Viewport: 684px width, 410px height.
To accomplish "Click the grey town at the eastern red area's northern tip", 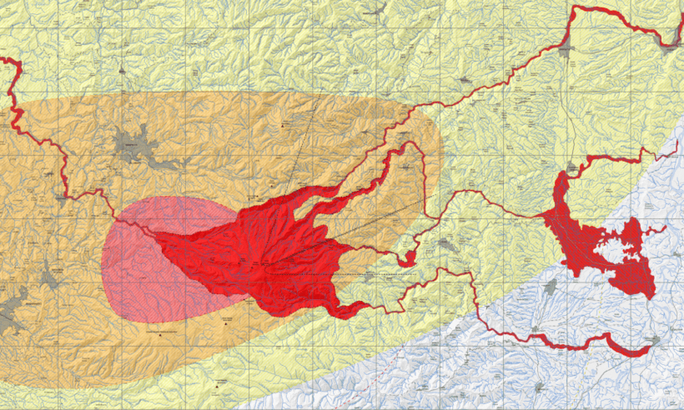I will click(x=571, y=171).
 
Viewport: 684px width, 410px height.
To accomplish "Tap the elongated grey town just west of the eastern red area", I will click(x=550, y=287).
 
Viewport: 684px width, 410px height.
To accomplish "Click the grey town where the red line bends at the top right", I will click(x=567, y=50).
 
